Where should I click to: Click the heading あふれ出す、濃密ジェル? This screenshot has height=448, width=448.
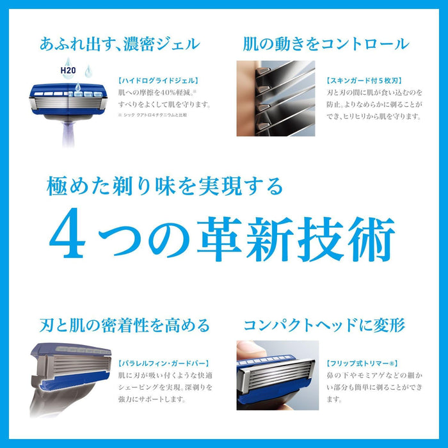point(119,44)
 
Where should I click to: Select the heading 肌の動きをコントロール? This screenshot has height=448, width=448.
point(325,44)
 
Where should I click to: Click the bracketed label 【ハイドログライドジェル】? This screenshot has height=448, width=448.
point(148,81)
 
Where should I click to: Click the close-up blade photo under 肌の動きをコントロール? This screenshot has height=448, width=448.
point(276,98)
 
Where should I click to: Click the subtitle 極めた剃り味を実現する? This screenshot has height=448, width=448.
point(164,186)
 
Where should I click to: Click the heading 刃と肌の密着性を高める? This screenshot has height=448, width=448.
point(120,325)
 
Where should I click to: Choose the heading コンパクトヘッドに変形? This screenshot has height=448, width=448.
point(325,325)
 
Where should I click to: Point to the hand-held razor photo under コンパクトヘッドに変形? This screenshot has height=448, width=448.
point(276,378)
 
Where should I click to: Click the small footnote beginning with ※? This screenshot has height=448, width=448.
point(158,115)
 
